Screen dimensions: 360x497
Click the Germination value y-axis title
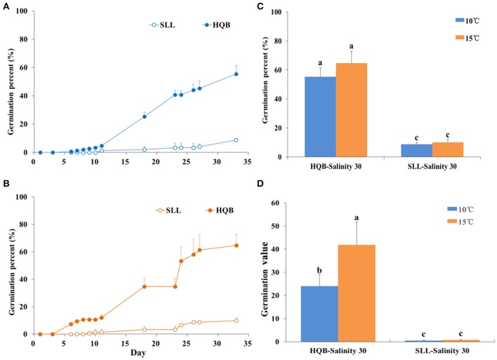pos(266,270)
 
